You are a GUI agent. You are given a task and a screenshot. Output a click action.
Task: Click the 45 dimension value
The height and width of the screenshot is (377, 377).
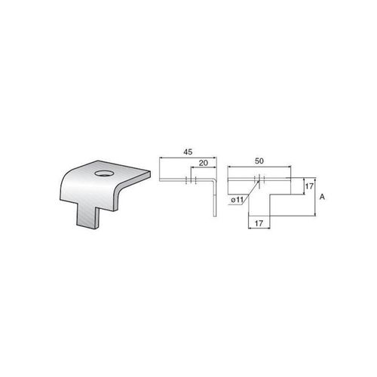[x=187, y=151]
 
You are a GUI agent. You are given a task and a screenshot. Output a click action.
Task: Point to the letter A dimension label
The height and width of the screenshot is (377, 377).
[x=322, y=197]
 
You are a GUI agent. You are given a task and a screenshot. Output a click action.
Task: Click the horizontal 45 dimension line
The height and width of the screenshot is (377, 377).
[x=187, y=158]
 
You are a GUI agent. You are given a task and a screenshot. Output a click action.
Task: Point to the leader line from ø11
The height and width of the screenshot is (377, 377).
[x=249, y=189]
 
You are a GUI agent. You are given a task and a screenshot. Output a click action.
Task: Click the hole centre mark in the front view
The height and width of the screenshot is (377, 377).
[x=259, y=179]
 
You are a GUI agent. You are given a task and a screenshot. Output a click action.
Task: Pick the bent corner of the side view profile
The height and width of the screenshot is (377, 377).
[x=216, y=182]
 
